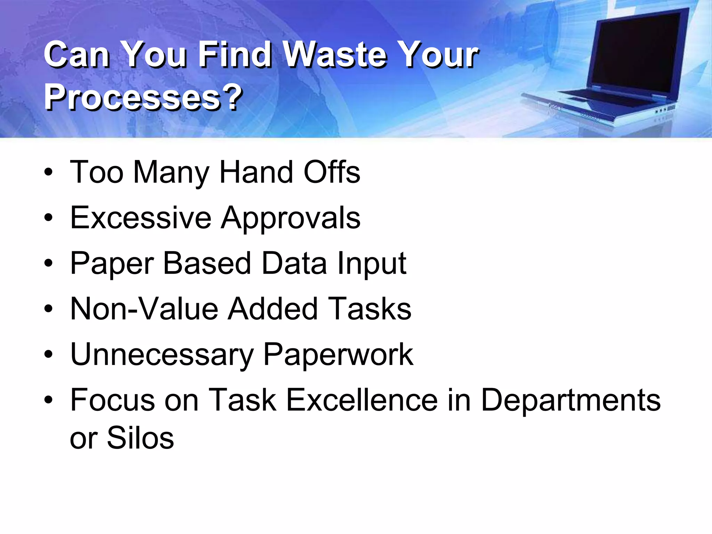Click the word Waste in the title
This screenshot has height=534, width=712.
(335, 55)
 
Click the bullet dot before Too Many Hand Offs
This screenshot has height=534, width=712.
(49, 172)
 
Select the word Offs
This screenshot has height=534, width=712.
(332, 172)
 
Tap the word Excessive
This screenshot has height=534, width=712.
(141, 218)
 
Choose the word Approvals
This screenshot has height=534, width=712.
(291, 218)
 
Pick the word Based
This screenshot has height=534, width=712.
(207, 264)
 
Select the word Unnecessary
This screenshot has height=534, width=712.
(162, 355)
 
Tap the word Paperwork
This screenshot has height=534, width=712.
(338, 355)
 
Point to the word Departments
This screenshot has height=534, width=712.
(571, 400)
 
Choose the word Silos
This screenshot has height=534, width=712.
(140, 438)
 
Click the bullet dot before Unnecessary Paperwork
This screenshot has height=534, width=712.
(49, 355)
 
